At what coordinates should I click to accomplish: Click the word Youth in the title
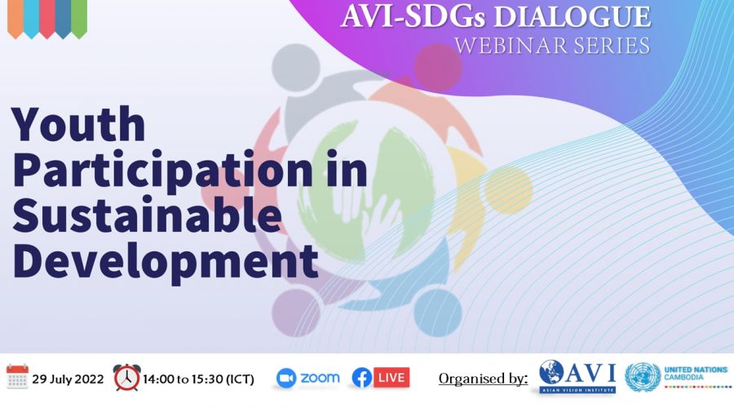pyautogui.click(x=78, y=124)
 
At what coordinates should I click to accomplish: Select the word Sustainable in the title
pyautogui.click(x=147, y=215)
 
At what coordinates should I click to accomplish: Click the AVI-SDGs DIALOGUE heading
pyautogui.click(x=496, y=16)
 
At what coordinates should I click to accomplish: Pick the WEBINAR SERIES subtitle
pyautogui.click(x=552, y=46)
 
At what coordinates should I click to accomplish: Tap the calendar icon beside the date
pyautogui.click(x=17, y=377)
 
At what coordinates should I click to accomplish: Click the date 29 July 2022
pyautogui.click(x=68, y=379)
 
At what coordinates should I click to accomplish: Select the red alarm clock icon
pyautogui.click(x=127, y=378)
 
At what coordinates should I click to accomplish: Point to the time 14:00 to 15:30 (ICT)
pyautogui.click(x=198, y=379)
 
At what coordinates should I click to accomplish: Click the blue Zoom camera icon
pyautogui.click(x=286, y=379)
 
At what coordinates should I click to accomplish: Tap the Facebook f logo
pyautogui.click(x=361, y=378)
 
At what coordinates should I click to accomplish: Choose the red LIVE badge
pyautogui.click(x=391, y=378)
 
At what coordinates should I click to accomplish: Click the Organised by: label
pyautogui.click(x=483, y=379)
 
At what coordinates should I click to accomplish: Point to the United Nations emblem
pyautogui.click(x=643, y=377)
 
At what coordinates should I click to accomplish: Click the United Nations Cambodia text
pyautogui.click(x=696, y=374)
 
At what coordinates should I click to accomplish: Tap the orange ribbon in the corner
pyautogui.click(x=15, y=18)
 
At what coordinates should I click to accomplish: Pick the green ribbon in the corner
pyautogui.click(x=79, y=18)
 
